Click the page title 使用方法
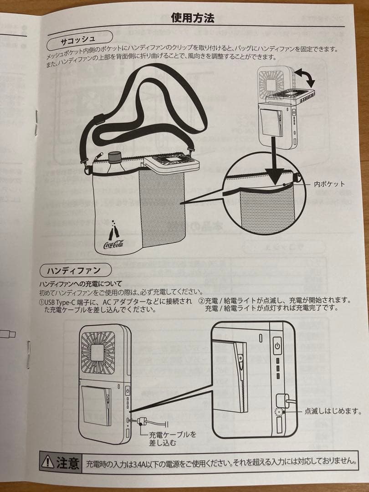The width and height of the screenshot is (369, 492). pyautogui.click(x=192, y=18)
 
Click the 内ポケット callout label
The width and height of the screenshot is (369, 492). pyautogui.click(x=329, y=184)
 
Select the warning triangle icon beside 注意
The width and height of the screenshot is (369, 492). pyautogui.click(x=47, y=463)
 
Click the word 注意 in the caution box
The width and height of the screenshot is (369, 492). pyautogui.click(x=68, y=463)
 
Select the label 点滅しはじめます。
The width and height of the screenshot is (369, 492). pyautogui.click(x=333, y=411)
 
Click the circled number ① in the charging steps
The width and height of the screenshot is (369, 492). pyautogui.click(x=41, y=301)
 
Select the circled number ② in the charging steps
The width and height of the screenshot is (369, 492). pyautogui.click(x=201, y=301)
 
